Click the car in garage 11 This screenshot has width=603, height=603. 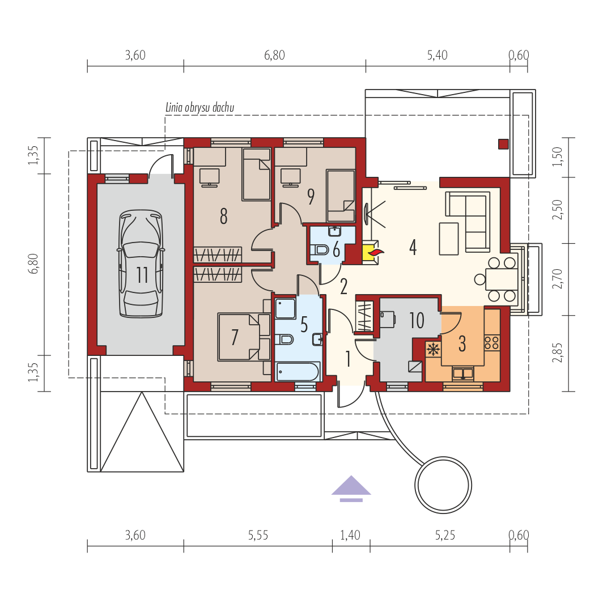point(141,264)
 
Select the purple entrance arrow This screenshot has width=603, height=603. point(351,489)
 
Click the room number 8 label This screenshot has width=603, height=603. point(223,216)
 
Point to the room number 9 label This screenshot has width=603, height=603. point(311,196)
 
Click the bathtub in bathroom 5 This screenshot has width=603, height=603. point(298,372)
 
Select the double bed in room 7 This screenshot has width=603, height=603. point(239,337)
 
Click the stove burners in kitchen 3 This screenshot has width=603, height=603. point(492,343)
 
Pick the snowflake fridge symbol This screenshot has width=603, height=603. point(434,350)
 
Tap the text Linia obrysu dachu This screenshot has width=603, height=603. point(199,107)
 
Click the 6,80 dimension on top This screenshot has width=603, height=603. point(274,55)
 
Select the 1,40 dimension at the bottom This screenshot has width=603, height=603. point(350,535)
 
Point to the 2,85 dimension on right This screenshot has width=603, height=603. point(557,353)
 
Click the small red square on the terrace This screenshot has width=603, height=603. point(503,144)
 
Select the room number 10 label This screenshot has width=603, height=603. point(417,320)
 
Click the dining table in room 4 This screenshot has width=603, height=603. point(502,279)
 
